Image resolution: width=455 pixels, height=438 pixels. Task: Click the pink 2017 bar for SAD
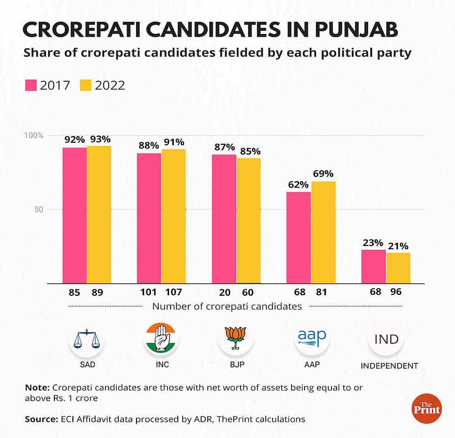click(74, 215)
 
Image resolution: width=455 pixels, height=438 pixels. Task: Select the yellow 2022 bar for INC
click(173, 216)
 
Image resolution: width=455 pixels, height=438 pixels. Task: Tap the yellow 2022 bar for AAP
click(323, 232)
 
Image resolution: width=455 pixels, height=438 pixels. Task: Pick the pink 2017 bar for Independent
click(373, 266)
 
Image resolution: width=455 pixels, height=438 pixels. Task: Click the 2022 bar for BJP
click(249, 220)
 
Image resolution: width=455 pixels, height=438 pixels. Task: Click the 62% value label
click(299, 185)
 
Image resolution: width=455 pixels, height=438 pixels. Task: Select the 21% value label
click(398, 246)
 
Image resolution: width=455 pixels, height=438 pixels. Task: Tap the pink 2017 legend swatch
click(31, 85)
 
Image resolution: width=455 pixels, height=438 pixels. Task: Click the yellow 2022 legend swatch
click(86, 85)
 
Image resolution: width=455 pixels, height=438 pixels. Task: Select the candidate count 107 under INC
click(173, 292)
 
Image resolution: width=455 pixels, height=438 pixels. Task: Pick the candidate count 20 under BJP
click(224, 292)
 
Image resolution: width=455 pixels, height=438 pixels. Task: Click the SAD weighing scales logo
click(86, 339)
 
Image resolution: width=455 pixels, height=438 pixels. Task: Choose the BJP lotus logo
click(236, 339)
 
